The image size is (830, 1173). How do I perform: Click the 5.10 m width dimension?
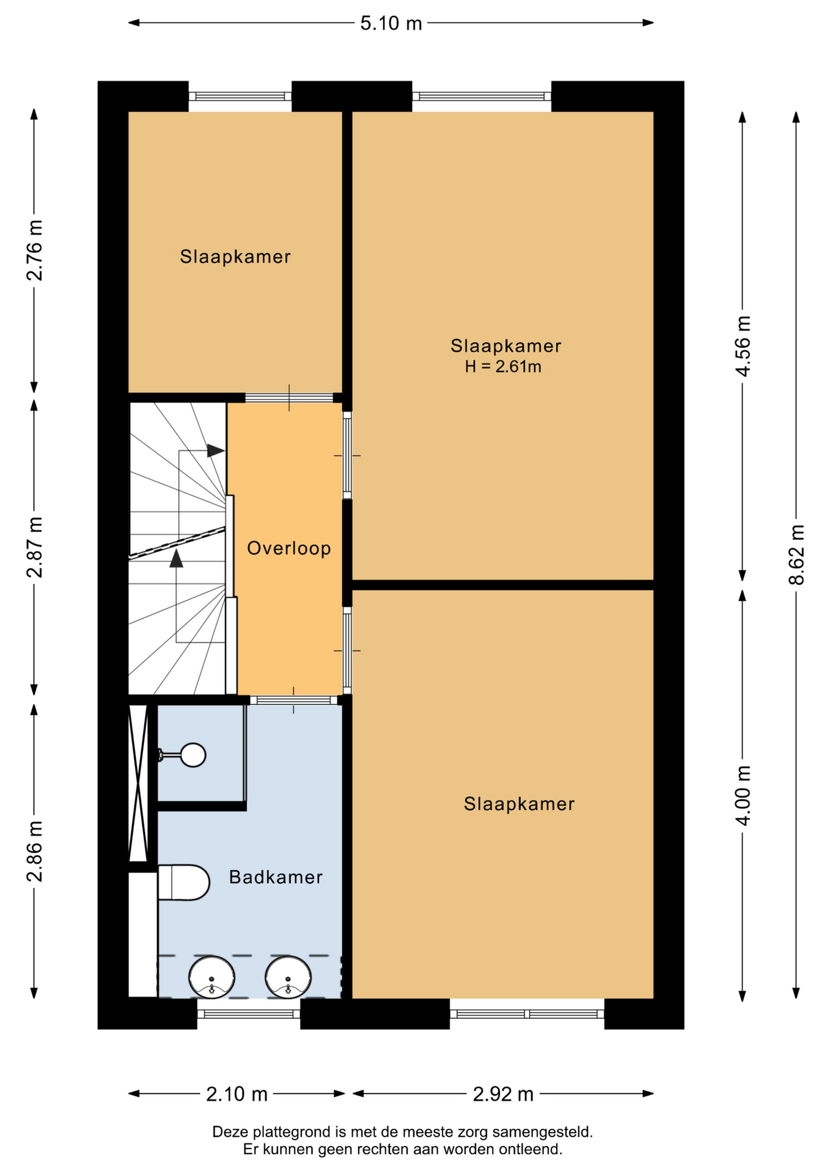coord(391,23)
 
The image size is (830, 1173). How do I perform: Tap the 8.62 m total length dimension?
coord(796,555)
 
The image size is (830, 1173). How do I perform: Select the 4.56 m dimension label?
coord(743,346)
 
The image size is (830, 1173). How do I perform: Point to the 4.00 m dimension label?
coord(743,795)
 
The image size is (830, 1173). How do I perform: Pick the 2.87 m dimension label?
coord(35,547)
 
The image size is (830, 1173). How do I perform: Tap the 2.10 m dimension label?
coord(237,1094)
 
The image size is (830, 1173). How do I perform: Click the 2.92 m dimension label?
coord(503,1094)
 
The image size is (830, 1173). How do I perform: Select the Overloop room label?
coord(288,548)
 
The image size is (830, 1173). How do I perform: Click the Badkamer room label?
coord(276,877)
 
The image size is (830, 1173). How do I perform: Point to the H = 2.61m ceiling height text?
coord(503,367)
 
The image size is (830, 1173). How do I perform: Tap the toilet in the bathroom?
coord(183,882)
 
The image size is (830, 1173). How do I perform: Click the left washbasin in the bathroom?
coord(211,977)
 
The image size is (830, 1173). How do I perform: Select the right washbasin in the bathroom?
coord(288,977)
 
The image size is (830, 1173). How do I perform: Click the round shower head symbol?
coord(193,755)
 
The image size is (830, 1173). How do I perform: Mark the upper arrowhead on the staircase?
coord(216,451)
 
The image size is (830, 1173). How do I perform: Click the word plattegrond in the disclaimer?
coord(290,1132)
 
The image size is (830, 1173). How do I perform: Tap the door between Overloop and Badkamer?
coord(294,700)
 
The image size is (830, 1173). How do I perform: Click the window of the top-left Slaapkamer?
coord(240,97)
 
